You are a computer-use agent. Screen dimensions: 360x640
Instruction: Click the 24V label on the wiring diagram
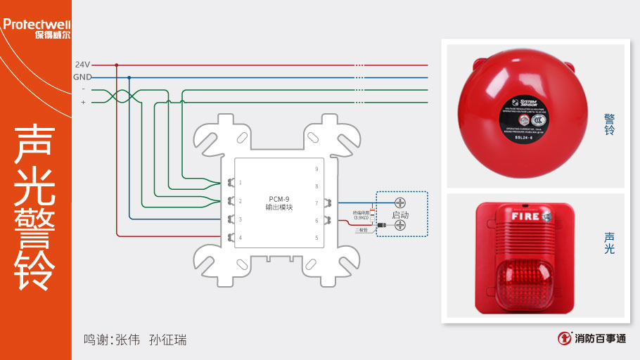pos(82,64)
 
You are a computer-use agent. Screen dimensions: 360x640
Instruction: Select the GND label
pos(82,77)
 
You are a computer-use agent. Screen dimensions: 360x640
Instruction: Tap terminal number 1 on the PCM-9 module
pos(241,183)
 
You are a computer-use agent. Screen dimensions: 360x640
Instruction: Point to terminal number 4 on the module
pos(241,238)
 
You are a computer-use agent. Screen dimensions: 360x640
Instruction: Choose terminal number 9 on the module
pos(316,169)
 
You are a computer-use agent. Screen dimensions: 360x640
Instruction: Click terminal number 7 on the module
pos(316,203)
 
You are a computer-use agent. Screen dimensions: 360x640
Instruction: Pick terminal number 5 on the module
pos(316,238)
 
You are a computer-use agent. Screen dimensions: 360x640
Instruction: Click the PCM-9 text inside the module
pos(279,198)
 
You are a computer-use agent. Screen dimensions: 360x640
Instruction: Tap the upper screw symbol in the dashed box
pos(400,202)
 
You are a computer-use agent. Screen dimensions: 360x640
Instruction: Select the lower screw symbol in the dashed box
pos(400,225)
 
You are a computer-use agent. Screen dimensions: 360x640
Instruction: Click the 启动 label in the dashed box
pos(400,214)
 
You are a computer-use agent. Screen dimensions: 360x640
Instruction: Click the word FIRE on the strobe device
pos(525,216)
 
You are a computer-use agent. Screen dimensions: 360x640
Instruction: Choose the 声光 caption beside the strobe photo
pos(609,243)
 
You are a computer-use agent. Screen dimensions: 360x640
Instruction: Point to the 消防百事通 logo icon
pos(563,338)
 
